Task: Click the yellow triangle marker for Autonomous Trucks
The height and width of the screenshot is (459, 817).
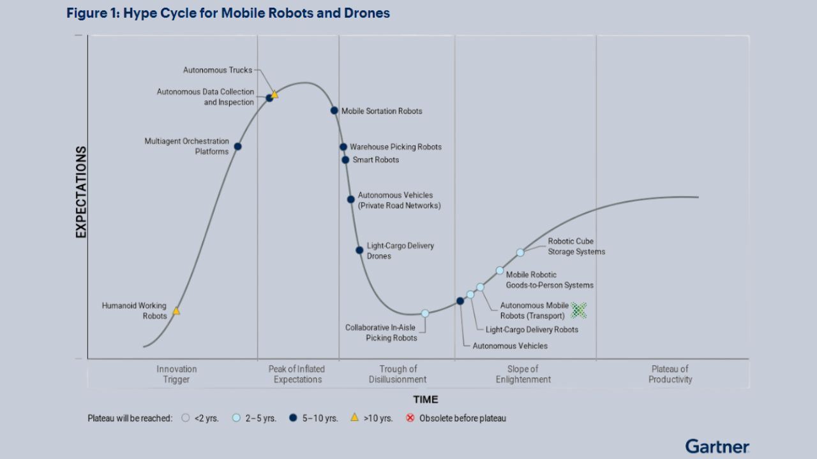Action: [x=274, y=94]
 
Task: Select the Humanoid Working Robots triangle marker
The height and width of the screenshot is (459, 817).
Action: [x=176, y=311]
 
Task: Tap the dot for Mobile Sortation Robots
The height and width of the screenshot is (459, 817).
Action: [x=334, y=110]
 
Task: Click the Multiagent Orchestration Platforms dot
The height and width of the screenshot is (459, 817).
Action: [x=237, y=147]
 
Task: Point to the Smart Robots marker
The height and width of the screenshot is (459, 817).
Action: [x=345, y=160]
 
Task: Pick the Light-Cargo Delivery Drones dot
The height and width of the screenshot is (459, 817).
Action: [x=359, y=250]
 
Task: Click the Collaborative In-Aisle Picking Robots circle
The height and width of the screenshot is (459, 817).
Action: [x=425, y=313]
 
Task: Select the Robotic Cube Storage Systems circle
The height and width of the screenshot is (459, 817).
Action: [x=520, y=252]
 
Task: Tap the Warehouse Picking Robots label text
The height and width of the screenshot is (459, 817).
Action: [x=395, y=147]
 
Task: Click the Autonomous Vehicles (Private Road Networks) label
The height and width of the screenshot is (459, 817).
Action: [x=399, y=200]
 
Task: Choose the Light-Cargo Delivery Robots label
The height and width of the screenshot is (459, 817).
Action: [x=532, y=330]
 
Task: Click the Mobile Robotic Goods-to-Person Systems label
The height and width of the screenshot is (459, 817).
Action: [x=549, y=280]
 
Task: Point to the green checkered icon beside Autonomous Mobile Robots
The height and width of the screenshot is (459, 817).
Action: [x=578, y=310]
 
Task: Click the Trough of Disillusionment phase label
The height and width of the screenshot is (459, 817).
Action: [x=398, y=374]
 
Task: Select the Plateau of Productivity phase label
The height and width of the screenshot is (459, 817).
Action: [x=670, y=374]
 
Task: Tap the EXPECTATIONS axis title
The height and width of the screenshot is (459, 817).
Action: [x=81, y=192]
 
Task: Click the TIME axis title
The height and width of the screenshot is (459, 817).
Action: [x=425, y=400]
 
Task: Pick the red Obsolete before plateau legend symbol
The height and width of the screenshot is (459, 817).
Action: [x=410, y=418]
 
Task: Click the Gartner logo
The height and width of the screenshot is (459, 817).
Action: [x=717, y=446]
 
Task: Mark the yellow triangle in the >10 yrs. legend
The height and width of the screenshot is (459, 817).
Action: [x=354, y=418]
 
